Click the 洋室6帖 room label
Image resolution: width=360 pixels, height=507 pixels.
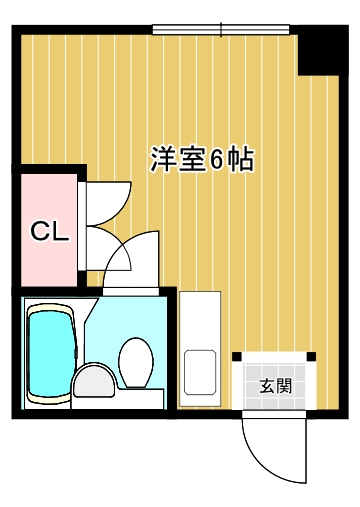tap(202, 159)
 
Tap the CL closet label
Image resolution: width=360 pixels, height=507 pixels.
tap(50, 232)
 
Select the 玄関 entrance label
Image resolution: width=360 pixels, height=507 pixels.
tap(276, 386)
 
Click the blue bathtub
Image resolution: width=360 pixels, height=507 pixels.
tap(51, 354)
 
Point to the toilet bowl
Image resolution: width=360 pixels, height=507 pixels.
tap(136, 362)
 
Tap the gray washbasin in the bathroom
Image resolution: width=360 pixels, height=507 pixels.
tap(94, 380)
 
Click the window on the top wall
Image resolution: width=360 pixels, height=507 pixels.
tap(221, 29)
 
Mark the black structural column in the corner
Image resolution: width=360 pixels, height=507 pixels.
tap(323, 50)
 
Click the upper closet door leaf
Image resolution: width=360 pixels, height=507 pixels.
tap(108, 203)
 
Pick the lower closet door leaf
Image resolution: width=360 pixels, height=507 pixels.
tap(108, 249)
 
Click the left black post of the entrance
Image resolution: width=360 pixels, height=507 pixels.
tap(237, 356)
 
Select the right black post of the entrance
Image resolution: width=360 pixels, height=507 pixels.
tap(311, 356)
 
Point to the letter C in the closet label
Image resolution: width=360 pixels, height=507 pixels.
tap(40, 232)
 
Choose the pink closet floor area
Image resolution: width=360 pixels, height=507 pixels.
tap(49, 230)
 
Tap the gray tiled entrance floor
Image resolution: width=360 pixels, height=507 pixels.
tap(274, 385)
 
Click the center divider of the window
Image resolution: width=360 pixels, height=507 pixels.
tap(221, 29)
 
